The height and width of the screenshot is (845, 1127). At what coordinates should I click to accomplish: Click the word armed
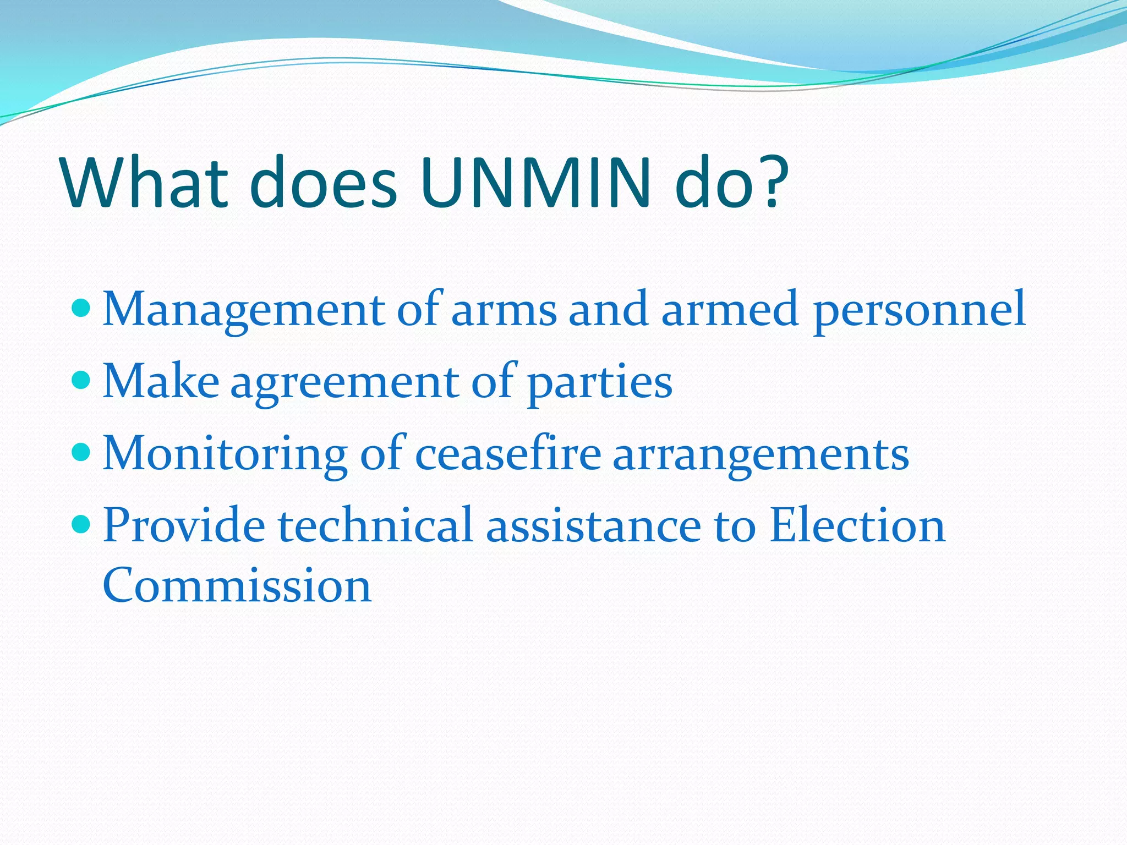tap(730, 309)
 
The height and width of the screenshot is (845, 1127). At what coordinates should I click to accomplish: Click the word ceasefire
tap(507, 454)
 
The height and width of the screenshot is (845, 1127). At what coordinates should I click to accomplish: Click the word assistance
tap(594, 525)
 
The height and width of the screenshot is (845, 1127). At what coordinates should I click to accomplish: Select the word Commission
tap(237, 585)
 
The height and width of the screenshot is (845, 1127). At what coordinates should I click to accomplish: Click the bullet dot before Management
tap(81, 308)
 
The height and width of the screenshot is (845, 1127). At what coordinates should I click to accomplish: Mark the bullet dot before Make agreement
tap(81, 380)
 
